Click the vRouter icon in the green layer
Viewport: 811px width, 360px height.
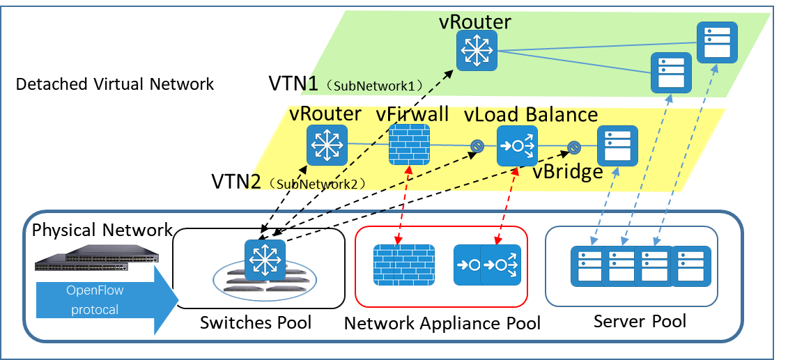(x=477, y=50)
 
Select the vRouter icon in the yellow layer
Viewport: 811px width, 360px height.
(x=327, y=145)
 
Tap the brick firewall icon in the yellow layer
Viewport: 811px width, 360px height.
(x=409, y=145)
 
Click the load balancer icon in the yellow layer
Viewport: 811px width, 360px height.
(x=518, y=146)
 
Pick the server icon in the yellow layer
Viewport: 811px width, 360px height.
(x=617, y=146)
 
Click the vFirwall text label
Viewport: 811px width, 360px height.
(x=412, y=114)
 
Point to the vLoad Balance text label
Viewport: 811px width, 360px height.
(x=531, y=114)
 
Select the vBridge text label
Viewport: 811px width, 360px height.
(x=567, y=172)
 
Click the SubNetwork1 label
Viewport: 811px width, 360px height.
(x=376, y=86)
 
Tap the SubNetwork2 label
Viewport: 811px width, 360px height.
(x=320, y=185)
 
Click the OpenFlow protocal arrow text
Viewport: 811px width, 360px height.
(x=95, y=300)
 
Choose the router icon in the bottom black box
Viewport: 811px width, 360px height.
(x=265, y=260)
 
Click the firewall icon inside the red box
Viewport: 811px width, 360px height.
(x=403, y=265)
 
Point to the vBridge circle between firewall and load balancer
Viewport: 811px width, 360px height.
(x=477, y=146)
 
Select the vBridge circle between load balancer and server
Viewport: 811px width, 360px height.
(x=574, y=146)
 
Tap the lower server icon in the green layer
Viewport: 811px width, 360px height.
(x=670, y=72)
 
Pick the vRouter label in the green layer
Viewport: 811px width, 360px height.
(x=474, y=21)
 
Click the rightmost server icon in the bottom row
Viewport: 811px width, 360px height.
(x=690, y=265)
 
